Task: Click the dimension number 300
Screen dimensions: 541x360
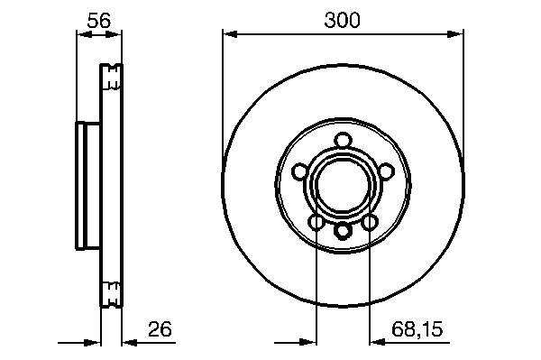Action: tap(342, 20)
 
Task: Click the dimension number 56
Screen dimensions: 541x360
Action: tap(98, 21)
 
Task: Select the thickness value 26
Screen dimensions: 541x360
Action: tap(160, 329)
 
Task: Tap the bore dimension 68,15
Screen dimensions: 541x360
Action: tap(417, 329)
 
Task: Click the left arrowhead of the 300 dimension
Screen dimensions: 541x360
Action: tap(230, 34)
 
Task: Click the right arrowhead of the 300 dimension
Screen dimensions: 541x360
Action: tap(455, 34)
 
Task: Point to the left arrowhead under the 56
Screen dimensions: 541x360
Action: tap(84, 34)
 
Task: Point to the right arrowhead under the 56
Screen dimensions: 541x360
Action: tap(114, 34)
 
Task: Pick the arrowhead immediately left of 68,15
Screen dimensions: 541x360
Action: tap(377, 342)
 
